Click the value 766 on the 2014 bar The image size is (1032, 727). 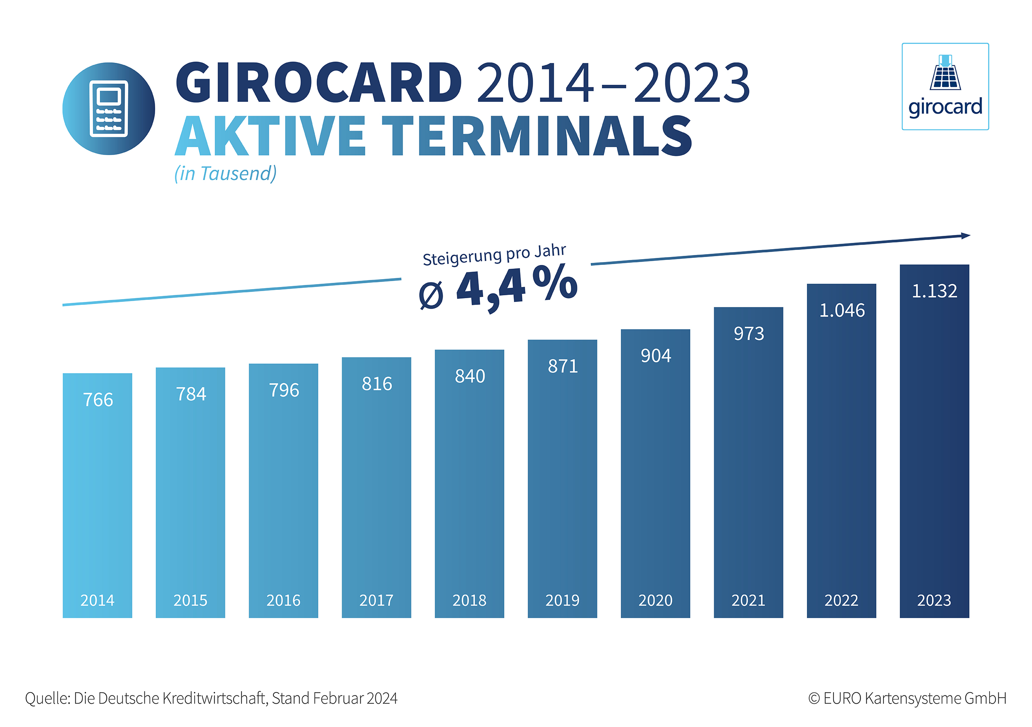[98, 399]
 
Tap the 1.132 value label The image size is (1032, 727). [934, 291]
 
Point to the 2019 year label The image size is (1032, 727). [562, 600]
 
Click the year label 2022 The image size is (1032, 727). [841, 600]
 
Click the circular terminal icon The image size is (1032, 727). [109, 109]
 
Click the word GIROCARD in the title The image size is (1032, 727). [319, 83]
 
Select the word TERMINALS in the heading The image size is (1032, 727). [537, 136]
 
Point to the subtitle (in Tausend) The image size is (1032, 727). [226, 173]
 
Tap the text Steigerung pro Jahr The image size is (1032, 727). [494, 255]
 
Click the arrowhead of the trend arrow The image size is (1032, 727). [965, 236]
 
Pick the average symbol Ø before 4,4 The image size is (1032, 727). [431, 296]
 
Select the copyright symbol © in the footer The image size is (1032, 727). [814, 699]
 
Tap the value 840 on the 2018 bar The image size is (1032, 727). [470, 376]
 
